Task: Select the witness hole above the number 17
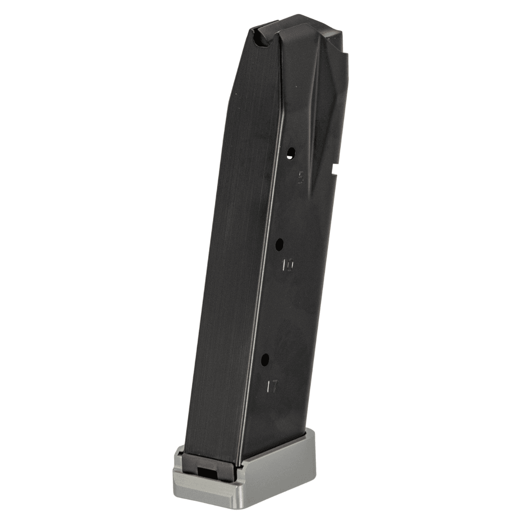265,360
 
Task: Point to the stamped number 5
301,178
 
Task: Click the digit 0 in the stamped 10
291,265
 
